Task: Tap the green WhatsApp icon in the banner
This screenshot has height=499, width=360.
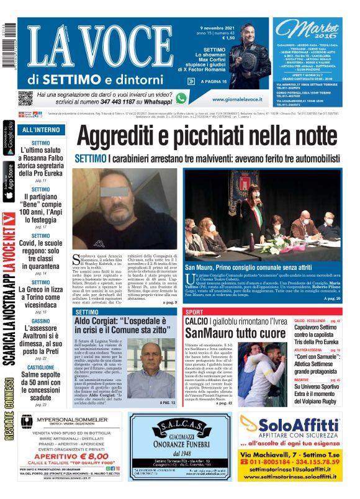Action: tap(181, 97)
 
